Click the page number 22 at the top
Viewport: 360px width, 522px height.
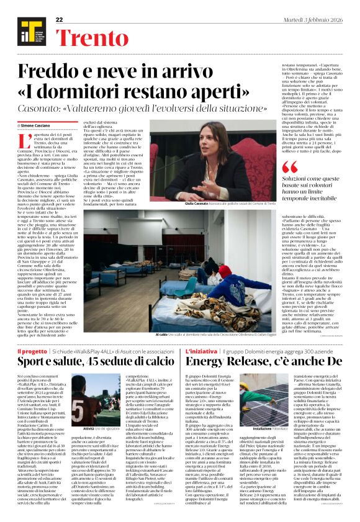click(60, 20)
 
